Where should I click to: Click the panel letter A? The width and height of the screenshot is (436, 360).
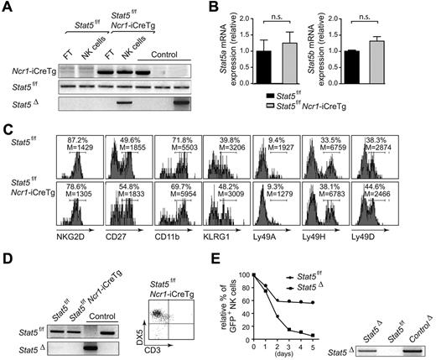tap(8, 8)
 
